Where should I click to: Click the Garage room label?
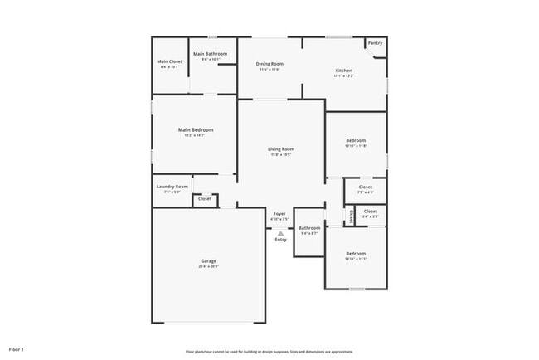click(x=208, y=261)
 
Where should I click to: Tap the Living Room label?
click(x=281, y=149)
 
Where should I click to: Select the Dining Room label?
click(x=269, y=64)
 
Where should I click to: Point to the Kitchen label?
click(x=344, y=71)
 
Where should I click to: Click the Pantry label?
click(x=376, y=43)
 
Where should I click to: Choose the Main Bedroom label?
click(x=196, y=129)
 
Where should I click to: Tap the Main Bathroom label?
click(x=210, y=54)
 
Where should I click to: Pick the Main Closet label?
click(x=169, y=61)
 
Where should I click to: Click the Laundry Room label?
click(x=172, y=187)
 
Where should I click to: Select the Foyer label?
click(x=280, y=214)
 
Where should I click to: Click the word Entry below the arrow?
click(x=281, y=240)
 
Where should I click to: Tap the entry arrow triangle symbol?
click(x=281, y=233)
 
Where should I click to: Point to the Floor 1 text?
click(x=17, y=349)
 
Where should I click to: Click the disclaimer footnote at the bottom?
click(x=269, y=352)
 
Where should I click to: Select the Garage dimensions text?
click(x=208, y=266)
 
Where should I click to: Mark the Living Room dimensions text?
click(x=281, y=155)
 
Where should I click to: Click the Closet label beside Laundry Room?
click(x=205, y=199)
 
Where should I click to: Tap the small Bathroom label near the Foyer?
click(x=309, y=228)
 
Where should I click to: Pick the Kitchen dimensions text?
click(x=344, y=76)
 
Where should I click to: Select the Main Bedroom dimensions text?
click(x=196, y=135)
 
